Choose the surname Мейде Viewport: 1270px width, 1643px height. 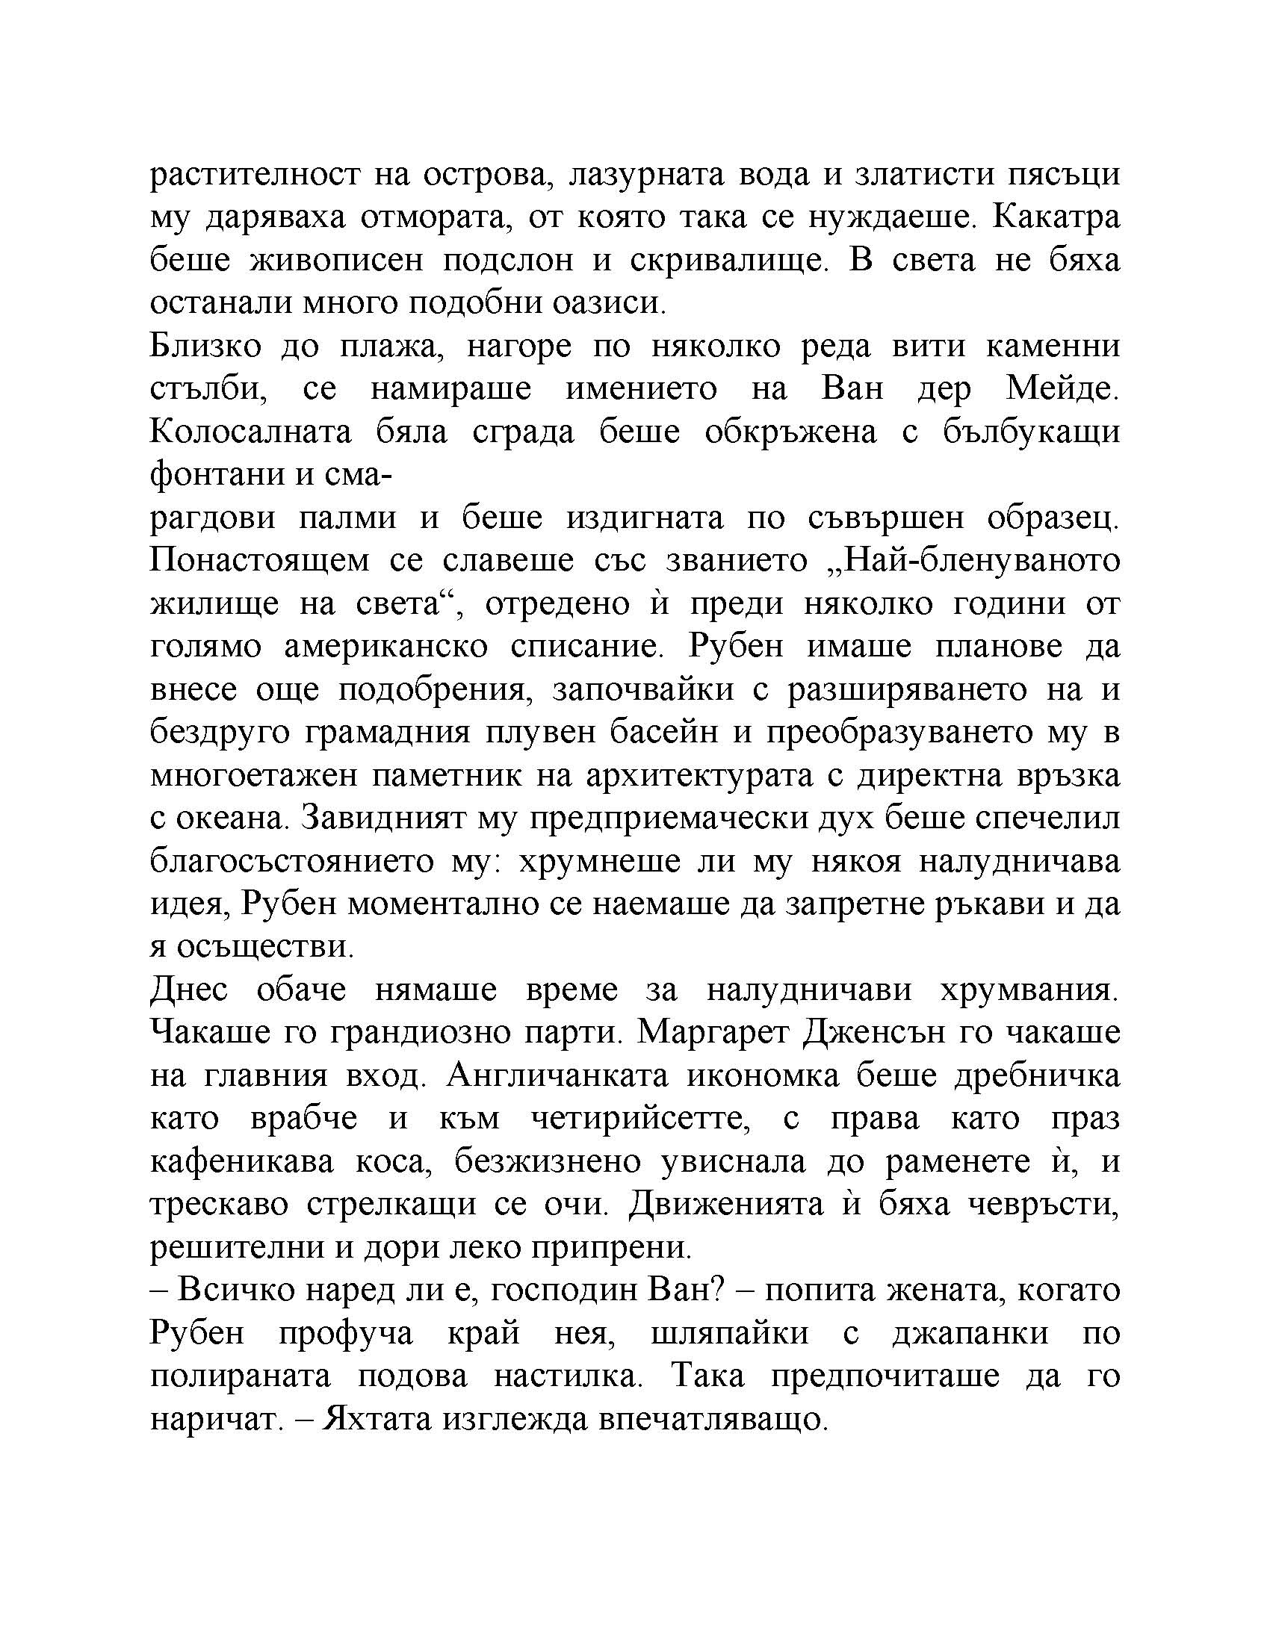1062,390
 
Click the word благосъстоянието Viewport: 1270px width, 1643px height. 290,861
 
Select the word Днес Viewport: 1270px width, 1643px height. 189,990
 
